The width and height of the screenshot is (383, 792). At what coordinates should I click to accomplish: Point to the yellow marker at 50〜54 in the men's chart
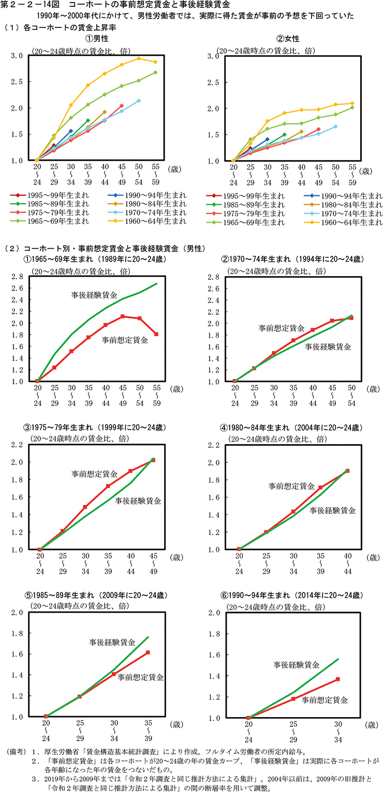pos(139,58)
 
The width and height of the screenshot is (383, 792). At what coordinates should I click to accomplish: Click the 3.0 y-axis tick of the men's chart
pos(16,56)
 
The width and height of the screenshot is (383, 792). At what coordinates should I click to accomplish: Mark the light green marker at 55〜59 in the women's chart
pos(352,108)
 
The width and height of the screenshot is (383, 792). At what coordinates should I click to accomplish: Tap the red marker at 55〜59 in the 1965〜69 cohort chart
pos(156,334)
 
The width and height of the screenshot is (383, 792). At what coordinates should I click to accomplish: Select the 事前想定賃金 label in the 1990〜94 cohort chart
pos(325,700)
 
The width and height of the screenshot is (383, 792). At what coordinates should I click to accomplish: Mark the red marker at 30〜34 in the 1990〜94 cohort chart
pos(338,679)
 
